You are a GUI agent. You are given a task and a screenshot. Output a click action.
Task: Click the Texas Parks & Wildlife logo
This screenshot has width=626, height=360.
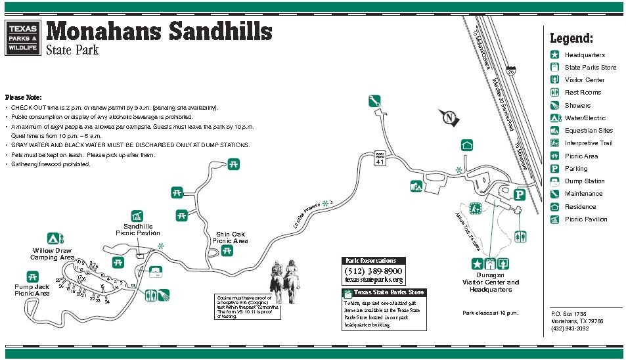coord(22,37)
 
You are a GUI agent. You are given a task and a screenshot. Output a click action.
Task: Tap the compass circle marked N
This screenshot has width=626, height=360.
coord(449,118)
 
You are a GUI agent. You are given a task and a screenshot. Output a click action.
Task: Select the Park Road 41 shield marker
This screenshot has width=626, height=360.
coord(379,158)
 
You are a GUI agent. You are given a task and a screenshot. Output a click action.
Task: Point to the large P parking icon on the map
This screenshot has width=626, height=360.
coord(519,194)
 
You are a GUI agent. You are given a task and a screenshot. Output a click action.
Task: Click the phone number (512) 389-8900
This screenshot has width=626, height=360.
coord(373,271)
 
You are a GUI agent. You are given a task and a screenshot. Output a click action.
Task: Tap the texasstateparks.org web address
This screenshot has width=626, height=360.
coord(373,280)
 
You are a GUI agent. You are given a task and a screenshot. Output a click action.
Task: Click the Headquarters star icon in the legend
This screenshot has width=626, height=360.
coord(554,55)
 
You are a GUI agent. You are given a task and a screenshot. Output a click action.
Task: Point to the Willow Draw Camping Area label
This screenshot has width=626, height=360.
coord(53,254)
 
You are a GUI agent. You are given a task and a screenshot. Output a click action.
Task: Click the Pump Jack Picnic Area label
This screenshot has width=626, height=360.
coord(32,290)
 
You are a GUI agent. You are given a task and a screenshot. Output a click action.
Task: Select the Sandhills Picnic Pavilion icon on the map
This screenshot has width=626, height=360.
coord(137,216)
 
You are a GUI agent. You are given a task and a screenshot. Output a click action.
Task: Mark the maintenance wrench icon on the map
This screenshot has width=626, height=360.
coord(374,101)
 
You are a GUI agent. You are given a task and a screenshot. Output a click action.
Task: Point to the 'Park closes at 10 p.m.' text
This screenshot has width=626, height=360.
coord(490,313)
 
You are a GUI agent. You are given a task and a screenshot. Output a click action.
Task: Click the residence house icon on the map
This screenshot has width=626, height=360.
coord(466,145)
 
